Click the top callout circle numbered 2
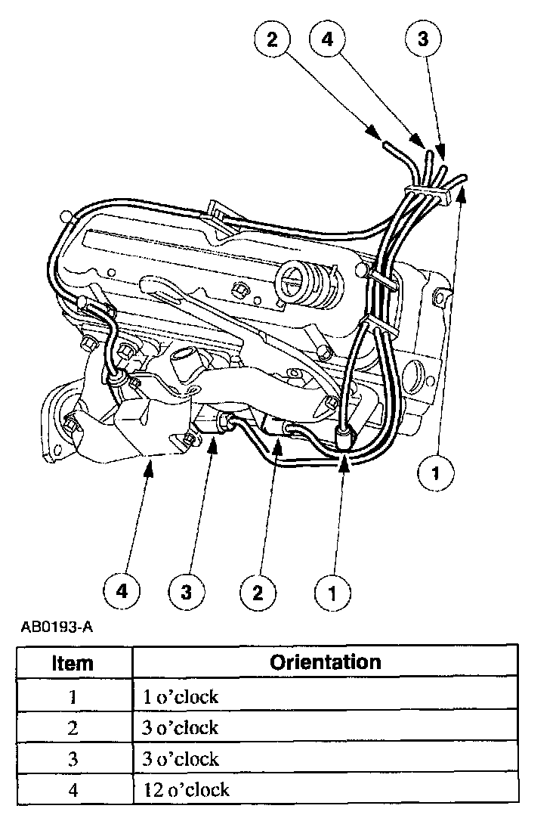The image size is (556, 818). (x=272, y=39)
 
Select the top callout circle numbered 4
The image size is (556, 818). (x=327, y=39)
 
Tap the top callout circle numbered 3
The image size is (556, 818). (x=423, y=39)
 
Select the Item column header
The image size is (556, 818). (x=73, y=663)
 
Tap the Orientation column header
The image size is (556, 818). (x=326, y=662)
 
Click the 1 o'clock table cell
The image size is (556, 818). (x=181, y=696)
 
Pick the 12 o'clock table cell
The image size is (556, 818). (x=186, y=790)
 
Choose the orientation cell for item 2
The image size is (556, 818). (x=181, y=727)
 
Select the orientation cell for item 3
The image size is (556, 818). (x=181, y=758)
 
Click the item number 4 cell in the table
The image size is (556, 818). (x=73, y=790)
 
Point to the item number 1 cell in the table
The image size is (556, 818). (x=73, y=696)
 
